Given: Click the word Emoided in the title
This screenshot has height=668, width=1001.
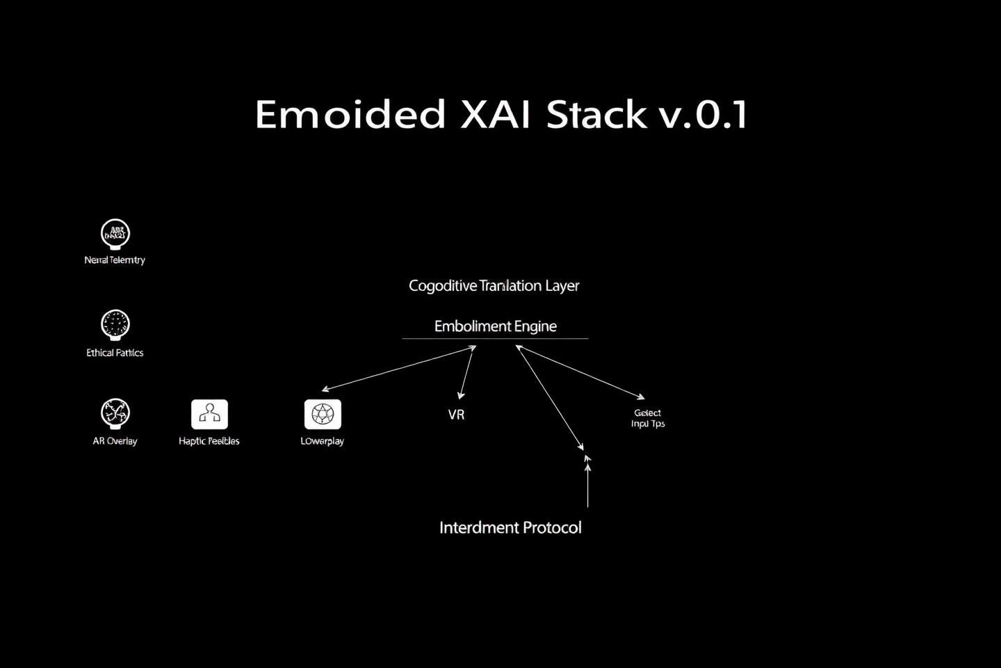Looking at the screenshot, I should pos(350,115).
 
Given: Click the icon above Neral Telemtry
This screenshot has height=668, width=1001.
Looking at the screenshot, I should pos(115,234).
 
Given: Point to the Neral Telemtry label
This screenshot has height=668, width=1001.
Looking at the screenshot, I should pos(115,260).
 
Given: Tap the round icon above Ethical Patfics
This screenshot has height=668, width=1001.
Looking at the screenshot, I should pos(115,324).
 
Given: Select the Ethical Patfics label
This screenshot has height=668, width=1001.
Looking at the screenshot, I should pos(115,353).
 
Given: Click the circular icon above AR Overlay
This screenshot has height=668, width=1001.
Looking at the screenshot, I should pos(115,413).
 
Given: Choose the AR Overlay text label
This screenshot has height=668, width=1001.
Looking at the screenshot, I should pos(115,441).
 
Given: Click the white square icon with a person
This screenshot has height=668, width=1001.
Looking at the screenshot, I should pos(209,415).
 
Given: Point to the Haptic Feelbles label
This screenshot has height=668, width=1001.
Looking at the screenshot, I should pos(209,441).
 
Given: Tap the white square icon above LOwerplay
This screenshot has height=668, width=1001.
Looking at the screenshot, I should pos(323,415).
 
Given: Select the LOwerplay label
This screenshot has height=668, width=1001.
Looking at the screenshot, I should pos(323,441).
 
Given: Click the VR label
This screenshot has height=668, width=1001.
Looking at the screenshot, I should pos(456,415).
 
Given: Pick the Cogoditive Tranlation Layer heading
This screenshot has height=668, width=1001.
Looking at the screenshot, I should pos(494,286).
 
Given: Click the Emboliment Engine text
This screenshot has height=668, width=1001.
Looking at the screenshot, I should pos(496,326).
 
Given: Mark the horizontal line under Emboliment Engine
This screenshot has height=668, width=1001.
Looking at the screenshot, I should pos(495,339).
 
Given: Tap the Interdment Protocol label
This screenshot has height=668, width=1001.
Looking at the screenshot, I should pos(510,527).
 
